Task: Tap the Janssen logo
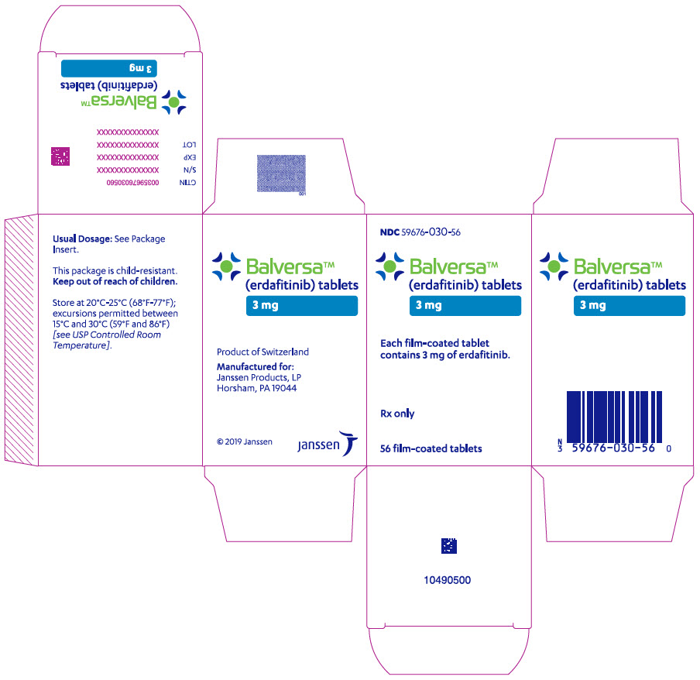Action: [328, 443]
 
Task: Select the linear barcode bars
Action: [614, 417]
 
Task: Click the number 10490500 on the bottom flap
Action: [448, 580]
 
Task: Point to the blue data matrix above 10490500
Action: [449, 545]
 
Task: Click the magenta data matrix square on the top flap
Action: [60, 156]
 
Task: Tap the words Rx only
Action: [397, 414]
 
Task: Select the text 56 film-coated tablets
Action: [431, 448]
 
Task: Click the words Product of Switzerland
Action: [262, 352]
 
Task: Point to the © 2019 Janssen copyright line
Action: [244, 441]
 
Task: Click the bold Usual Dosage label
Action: [82, 239]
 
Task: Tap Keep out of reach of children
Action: [115, 281]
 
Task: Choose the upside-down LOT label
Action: [189, 145]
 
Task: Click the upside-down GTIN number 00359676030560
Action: [132, 183]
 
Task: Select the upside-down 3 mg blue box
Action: [109, 68]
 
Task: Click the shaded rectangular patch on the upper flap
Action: [281, 173]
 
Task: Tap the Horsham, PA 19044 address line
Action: [257, 389]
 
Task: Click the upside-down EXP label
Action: [190, 158]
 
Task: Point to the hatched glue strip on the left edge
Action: [21, 340]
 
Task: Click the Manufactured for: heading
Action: [256, 367]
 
